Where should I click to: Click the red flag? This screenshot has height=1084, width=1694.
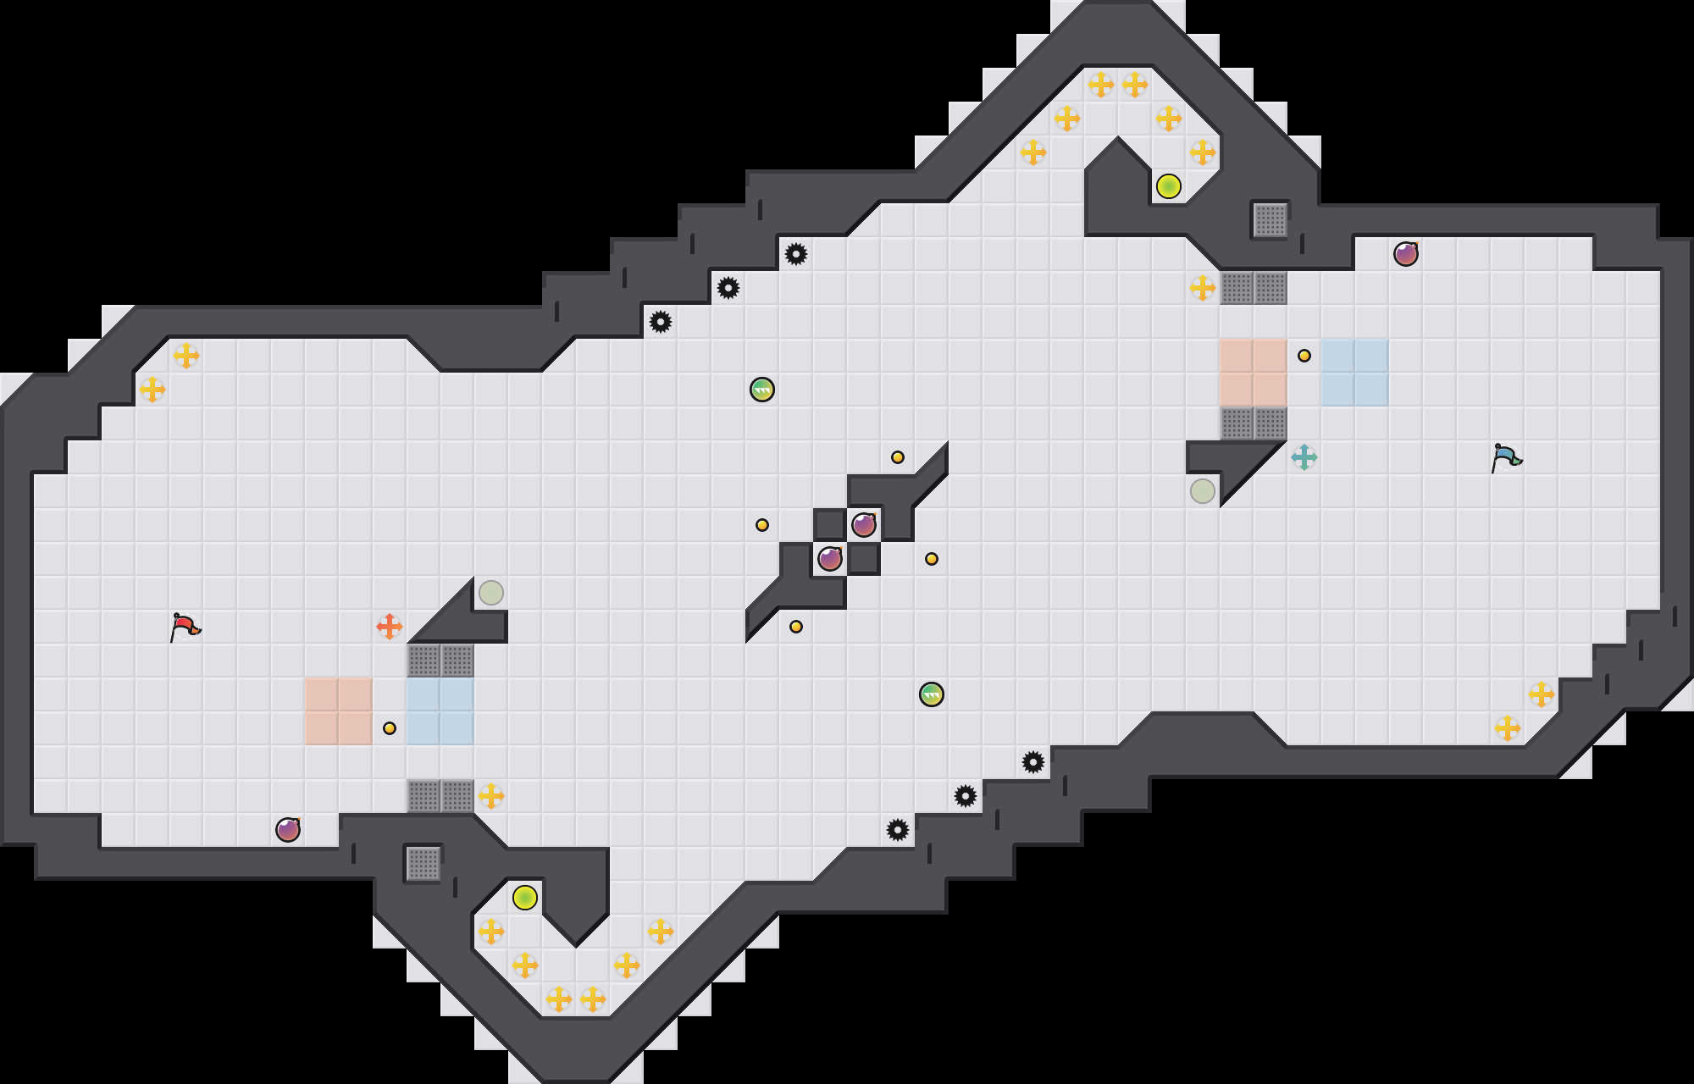pos(185,628)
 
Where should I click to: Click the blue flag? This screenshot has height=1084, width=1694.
pos(1506,458)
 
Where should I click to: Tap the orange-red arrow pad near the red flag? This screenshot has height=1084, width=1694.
pos(390,627)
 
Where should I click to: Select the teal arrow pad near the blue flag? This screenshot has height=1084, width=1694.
pos(1304,457)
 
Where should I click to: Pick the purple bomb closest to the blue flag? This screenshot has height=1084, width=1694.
pos(1406,254)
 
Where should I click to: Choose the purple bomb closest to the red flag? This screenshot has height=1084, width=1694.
pos(288,830)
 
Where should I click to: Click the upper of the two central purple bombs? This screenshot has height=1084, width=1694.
pos(864,525)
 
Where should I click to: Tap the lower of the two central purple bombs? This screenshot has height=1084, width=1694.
pos(830,559)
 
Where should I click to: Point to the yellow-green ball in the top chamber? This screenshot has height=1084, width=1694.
pos(1169,186)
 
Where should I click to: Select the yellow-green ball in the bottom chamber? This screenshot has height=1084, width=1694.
pos(525,898)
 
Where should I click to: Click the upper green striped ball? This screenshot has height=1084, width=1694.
pos(762,390)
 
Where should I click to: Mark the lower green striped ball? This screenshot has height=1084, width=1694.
pos(932,694)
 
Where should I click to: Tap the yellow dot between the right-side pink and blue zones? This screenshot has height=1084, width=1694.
pos(1304,356)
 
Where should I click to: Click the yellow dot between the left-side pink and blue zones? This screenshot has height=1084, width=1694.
pos(390,728)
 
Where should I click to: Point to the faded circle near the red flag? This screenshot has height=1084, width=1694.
pos(491,593)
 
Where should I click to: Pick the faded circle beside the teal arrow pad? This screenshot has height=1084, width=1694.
pos(1203,491)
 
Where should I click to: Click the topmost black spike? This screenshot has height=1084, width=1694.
pos(796,254)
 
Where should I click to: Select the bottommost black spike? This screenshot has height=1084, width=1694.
pos(898,830)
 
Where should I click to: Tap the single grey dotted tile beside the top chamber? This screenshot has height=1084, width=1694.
pos(1270,220)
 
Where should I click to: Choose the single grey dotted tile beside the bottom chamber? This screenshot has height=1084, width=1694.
pos(423,864)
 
